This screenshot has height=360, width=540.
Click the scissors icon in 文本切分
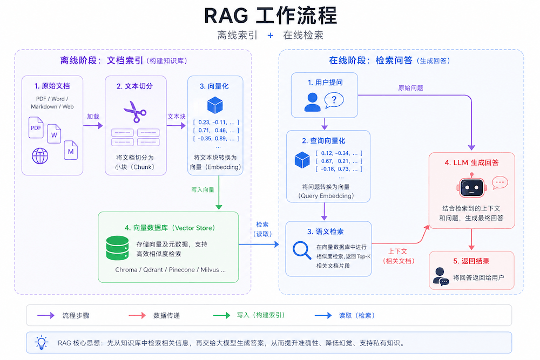click(135, 112)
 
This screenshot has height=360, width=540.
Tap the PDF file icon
click(36, 127)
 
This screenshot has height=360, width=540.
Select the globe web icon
click(40, 156)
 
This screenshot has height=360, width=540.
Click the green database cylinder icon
click(117, 248)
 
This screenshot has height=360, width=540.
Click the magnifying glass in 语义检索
click(302, 250)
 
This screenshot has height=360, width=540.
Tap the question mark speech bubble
click(334, 100)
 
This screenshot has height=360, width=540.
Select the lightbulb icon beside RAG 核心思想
click(42, 342)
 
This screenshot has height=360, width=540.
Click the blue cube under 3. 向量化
click(215, 105)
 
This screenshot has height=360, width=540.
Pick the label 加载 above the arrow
click(93, 117)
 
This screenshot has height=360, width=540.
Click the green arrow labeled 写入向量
click(219, 192)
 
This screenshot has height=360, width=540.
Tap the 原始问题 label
click(410, 88)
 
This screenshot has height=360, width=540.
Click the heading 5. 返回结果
click(471, 261)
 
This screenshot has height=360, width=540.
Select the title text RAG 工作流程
click(271, 16)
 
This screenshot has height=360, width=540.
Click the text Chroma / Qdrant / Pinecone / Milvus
click(167, 270)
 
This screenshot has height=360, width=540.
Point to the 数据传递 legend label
click(167, 316)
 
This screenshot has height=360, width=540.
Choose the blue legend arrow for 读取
click(323, 315)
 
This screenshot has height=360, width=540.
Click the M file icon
click(71, 151)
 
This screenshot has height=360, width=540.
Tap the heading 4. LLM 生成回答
click(471, 162)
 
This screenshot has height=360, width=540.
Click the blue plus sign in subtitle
click(271, 35)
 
